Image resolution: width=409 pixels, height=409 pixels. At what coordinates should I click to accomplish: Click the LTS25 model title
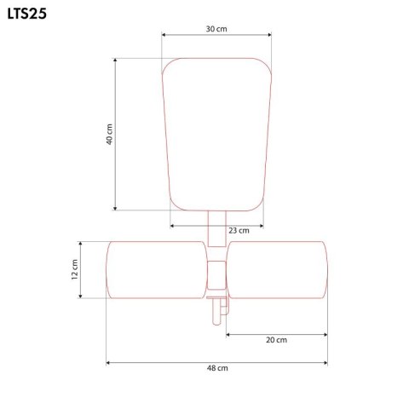(27, 14)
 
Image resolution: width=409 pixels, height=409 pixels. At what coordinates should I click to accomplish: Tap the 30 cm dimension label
(216, 29)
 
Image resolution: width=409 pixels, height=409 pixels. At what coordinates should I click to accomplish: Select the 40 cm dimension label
(110, 135)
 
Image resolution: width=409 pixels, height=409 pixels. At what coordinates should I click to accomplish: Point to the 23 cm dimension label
(239, 230)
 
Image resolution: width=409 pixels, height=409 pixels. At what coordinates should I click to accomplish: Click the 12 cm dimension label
(74, 269)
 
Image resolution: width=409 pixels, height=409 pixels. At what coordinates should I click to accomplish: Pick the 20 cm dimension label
(276, 340)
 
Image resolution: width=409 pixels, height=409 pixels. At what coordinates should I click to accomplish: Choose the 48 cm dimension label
(217, 368)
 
